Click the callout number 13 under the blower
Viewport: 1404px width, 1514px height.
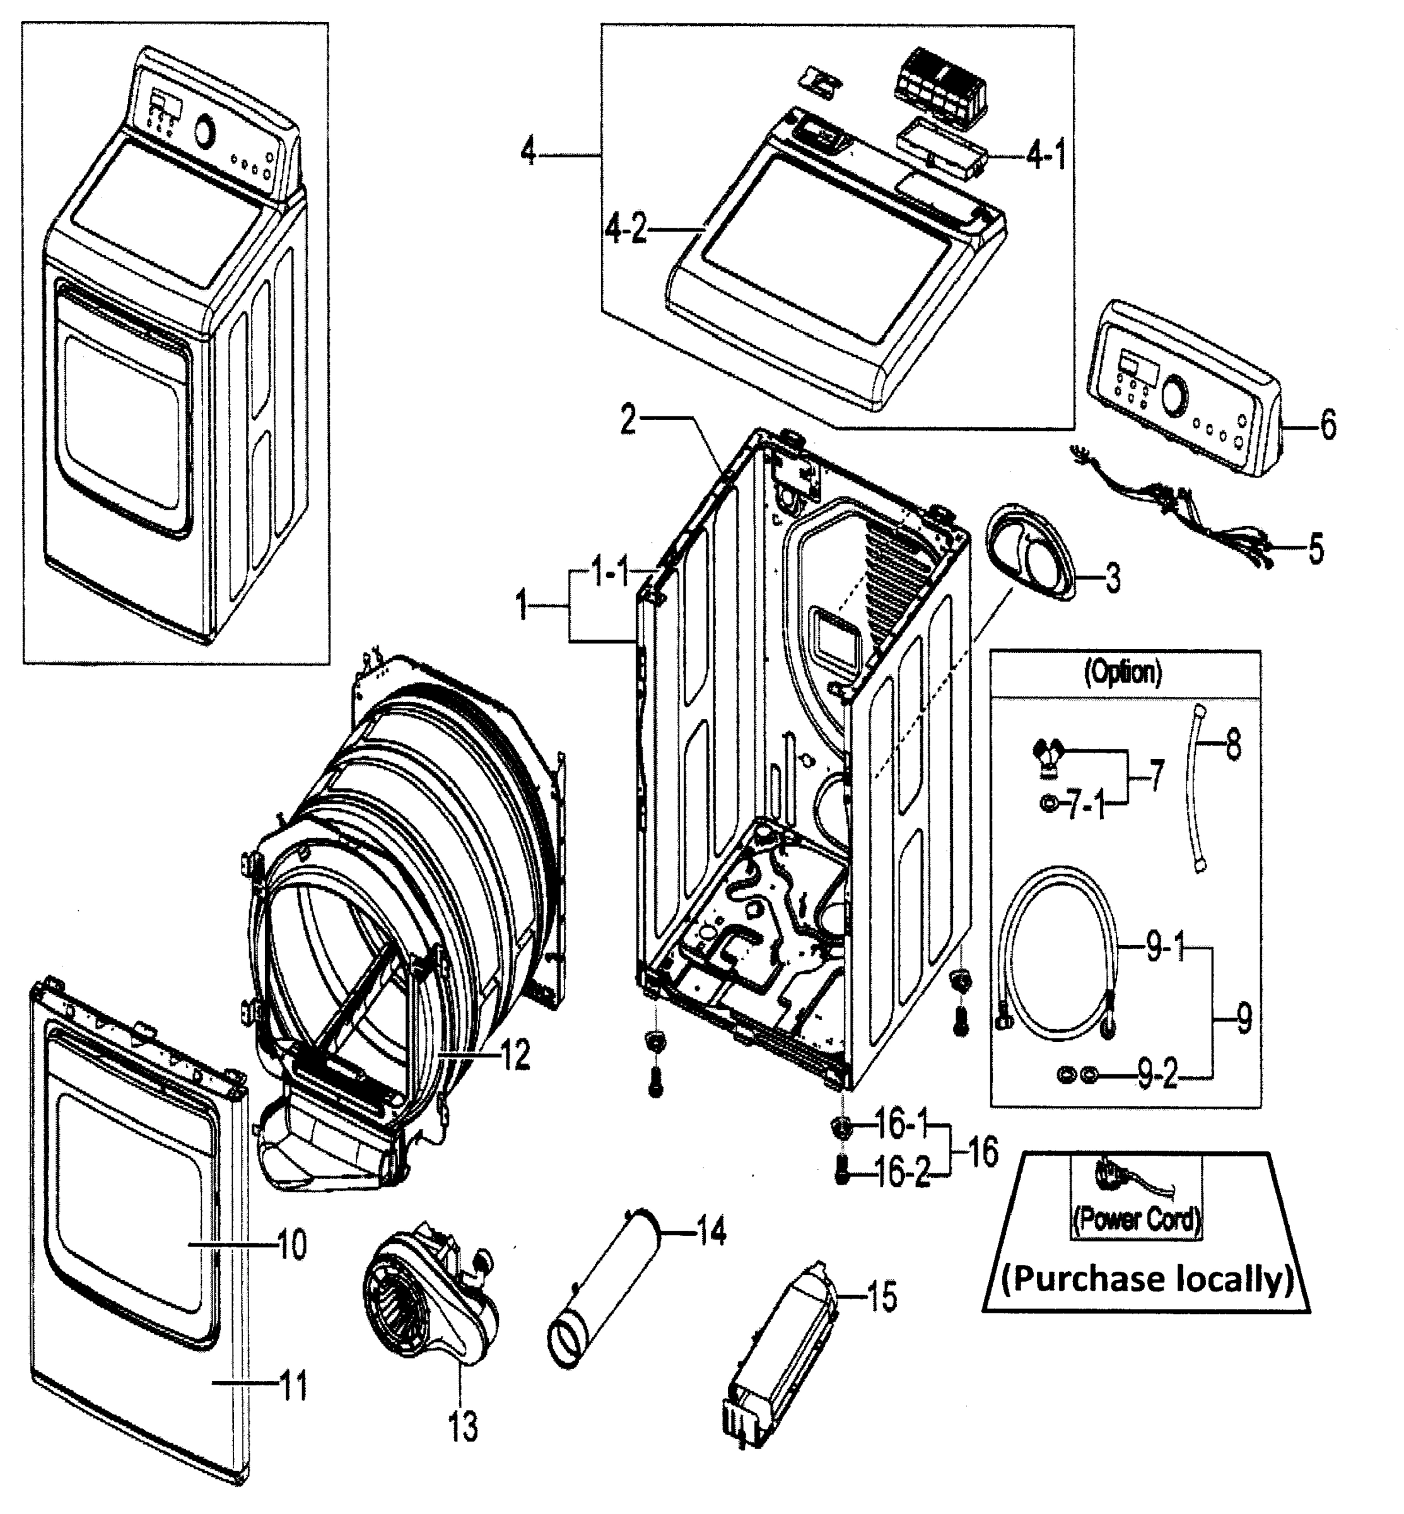coord(463,1426)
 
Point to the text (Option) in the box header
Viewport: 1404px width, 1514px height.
coord(1123,672)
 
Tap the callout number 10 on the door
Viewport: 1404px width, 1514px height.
coord(292,1245)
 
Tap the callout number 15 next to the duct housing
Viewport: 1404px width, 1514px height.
coord(882,1296)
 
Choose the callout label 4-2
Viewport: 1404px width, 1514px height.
coord(626,228)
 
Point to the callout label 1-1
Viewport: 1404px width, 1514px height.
coord(609,574)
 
